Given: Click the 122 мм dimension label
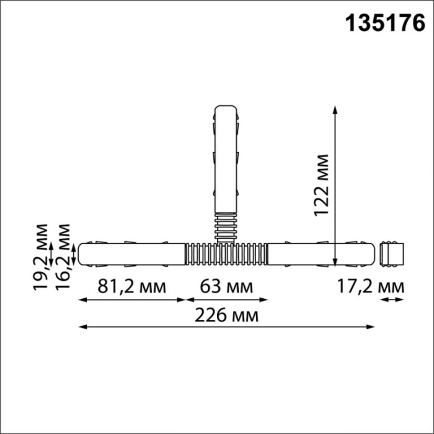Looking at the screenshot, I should tap(322, 184).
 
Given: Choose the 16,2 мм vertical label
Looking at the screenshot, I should tap(61, 254).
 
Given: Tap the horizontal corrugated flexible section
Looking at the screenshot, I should tap(226, 254).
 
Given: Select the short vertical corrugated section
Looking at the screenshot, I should tap(226, 227).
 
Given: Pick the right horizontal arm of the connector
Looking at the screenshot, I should tap(321, 254).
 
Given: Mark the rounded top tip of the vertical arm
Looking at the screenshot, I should tap(226, 109).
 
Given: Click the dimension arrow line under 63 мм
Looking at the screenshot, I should tap(226, 300).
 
